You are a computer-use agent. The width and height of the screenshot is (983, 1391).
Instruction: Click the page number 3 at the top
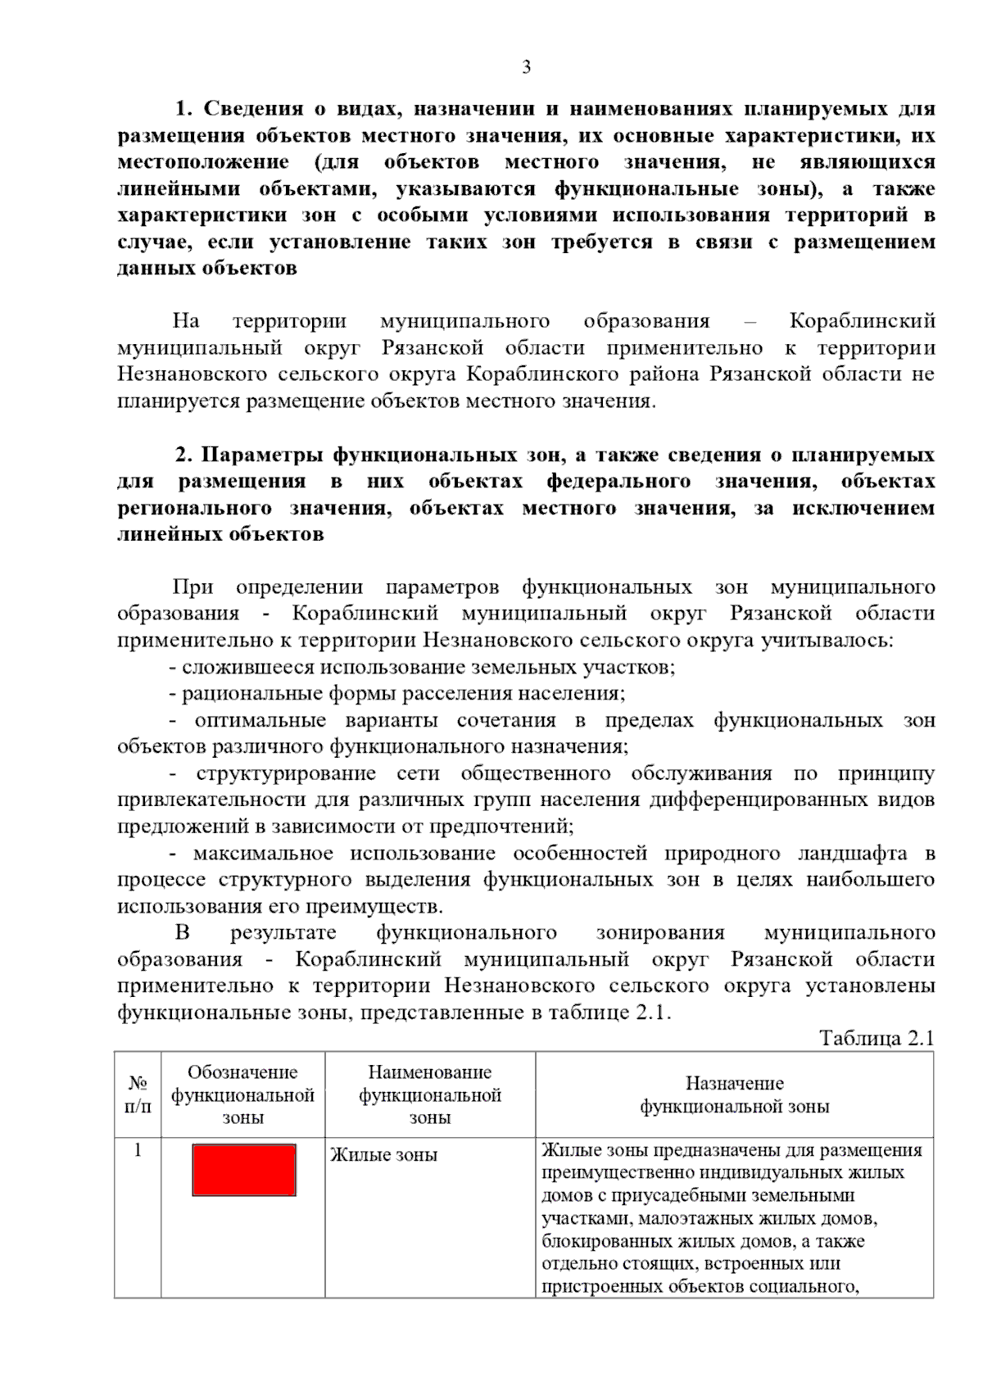[526, 67]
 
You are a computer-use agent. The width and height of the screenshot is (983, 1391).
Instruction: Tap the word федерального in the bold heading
[618, 481]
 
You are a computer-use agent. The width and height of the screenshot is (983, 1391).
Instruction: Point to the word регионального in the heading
[194, 508]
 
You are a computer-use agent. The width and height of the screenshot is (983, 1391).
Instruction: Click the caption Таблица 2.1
[877, 1038]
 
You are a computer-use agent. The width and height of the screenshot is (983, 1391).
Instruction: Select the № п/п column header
[138, 1094]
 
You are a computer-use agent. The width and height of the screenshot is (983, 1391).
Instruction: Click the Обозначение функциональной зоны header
[242, 1094]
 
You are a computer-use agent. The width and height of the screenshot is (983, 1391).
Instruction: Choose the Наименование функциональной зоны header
[430, 1094]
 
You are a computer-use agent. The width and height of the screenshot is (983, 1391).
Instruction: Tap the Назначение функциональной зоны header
[734, 1094]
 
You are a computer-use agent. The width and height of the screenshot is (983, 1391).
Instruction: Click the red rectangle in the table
[244, 1170]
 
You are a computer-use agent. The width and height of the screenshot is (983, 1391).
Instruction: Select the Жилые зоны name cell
[383, 1155]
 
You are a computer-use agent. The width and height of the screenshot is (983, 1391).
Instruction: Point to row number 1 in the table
[138, 1150]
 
